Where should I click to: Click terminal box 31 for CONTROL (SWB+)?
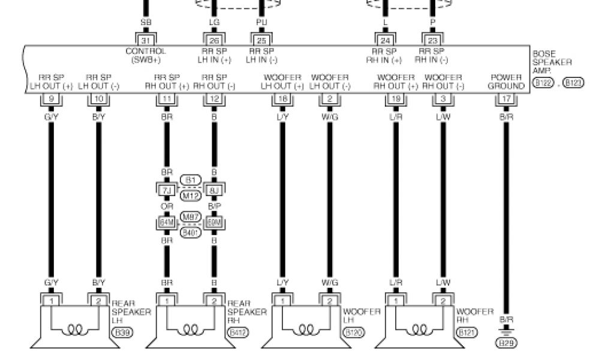tap(146, 40)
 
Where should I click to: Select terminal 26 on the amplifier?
tap(214, 40)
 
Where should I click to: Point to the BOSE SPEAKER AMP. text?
tap(552, 62)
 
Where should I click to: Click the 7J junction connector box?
tap(167, 191)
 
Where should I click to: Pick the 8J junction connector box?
tap(213, 191)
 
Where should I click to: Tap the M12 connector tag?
tap(191, 196)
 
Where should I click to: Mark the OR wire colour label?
tap(167, 206)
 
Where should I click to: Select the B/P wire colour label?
tap(213, 206)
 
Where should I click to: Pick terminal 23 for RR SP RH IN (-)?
tap(433, 40)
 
